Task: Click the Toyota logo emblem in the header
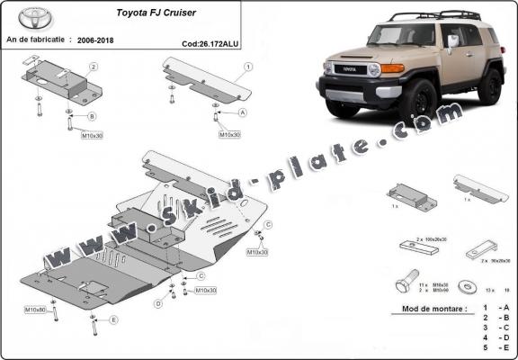(x=35, y=18)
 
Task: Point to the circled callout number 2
(x=93, y=67)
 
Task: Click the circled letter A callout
(x=243, y=113)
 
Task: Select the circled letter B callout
(x=93, y=116)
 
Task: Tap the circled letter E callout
(x=114, y=319)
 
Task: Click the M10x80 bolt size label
(x=35, y=310)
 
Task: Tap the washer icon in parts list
(x=468, y=285)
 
